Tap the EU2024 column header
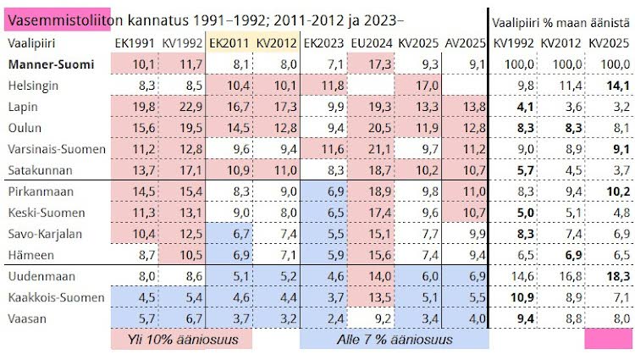(371, 42)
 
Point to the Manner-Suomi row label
(41, 64)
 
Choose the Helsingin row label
(32, 85)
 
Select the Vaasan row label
(27, 318)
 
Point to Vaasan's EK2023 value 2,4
(324, 318)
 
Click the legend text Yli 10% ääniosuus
(181, 339)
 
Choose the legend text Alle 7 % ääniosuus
(394, 339)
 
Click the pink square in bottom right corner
(608, 338)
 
